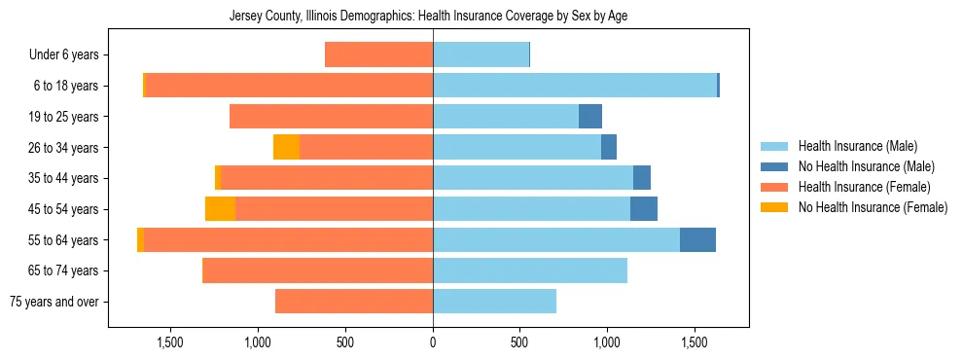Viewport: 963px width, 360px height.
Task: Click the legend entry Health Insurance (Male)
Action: (x=857, y=146)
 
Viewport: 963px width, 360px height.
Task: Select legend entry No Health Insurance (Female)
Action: (x=873, y=207)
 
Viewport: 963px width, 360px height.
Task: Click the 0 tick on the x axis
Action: (x=433, y=343)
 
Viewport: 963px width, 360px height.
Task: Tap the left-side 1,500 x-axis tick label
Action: (x=170, y=343)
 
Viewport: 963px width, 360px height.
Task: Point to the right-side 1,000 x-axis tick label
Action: (x=607, y=343)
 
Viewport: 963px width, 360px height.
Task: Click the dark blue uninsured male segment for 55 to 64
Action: (x=697, y=239)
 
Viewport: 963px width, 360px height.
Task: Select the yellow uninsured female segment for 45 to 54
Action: (x=220, y=209)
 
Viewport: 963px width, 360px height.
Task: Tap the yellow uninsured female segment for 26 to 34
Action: (x=286, y=147)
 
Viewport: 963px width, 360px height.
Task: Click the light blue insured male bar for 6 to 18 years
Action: (x=574, y=86)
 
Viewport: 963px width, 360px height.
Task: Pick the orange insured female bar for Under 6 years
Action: (x=378, y=54)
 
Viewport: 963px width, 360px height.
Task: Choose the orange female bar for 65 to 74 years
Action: (x=317, y=270)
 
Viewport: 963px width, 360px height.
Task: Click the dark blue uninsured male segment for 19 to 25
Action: (x=590, y=117)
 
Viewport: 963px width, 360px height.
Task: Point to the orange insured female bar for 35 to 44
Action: (x=327, y=178)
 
